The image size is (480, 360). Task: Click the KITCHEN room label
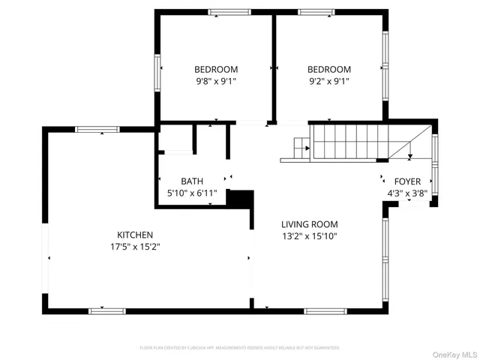[135, 234]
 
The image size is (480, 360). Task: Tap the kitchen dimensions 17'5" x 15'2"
[135, 246]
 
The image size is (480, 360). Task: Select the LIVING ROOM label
[309, 223]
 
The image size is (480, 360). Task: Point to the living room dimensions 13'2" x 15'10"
[309, 236]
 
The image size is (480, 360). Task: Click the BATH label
[191, 181]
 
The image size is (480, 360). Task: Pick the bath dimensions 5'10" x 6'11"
[191, 193]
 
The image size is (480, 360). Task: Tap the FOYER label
[407, 181]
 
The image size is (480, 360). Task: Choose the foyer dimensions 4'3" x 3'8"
[407, 193]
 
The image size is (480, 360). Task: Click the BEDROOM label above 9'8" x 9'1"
[217, 69]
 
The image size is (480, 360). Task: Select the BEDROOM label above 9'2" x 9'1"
[329, 69]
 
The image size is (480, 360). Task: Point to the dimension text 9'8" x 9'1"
[217, 81]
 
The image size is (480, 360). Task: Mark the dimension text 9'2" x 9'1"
[329, 81]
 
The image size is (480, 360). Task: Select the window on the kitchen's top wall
[97, 130]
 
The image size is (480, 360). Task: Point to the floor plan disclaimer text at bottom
[240, 347]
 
